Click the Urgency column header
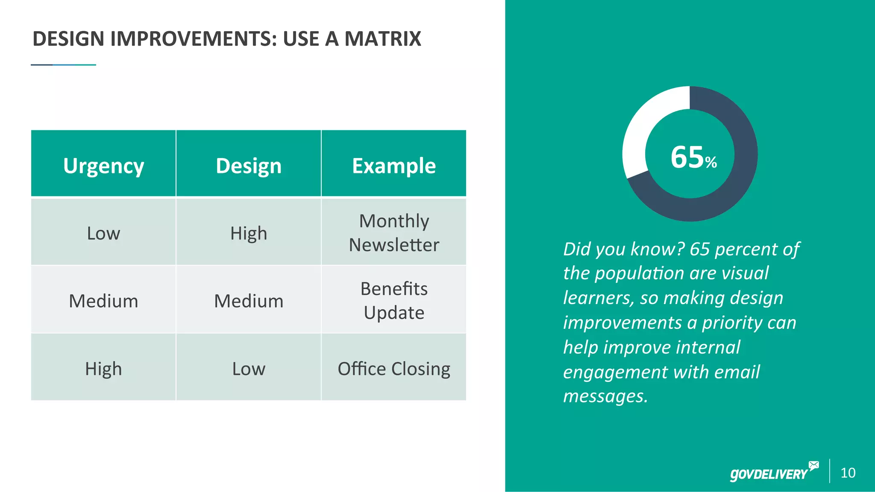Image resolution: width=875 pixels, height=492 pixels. pyautogui.click(x=103, y=166)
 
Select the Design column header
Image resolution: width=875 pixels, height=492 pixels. pyautogui.click(x=249, y=166)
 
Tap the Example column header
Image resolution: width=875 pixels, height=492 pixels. pyautogui.click(x=394, y=166)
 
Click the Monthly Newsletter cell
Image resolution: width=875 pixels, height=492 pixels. pyautogui.click(x=394, y=233)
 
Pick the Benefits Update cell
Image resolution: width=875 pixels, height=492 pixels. pyautogui.click(x=394, y=301)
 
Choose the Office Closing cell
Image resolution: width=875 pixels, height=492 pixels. pyautogui.click(x=394, y=369)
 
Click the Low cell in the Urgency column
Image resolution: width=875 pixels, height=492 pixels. pyautogui.click(x=103, y=233)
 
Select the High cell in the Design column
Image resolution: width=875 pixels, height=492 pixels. pyautogui.click(x=249, y=233)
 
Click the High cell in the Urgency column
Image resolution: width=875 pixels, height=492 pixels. pyautogui.click(x=103, y=369)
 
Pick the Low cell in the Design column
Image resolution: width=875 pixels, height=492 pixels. pyautogui.click(x=249, y=369)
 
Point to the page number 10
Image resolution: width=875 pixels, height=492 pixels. pyautogui.click(x=848, y=473)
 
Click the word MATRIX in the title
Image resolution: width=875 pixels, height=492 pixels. pyautogui.click(x=383, y=39)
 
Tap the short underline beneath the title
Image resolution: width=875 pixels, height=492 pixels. pyautogui.click(x=63, y=65)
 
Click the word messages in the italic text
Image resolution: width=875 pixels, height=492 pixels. pyautogui.click(x=605, y=396)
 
